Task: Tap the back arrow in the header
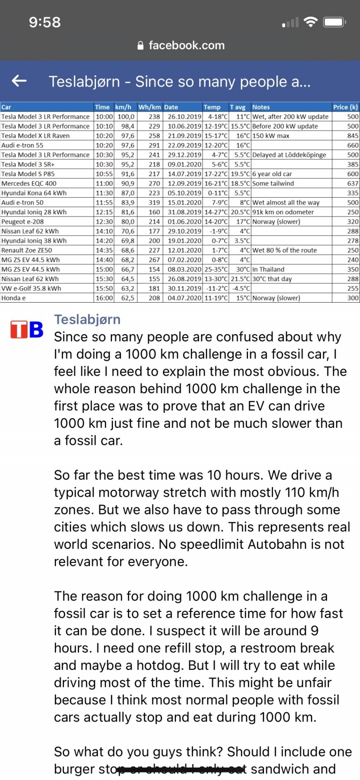pos(19,81)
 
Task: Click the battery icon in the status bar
pos(334,23)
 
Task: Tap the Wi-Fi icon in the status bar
pos(311,23)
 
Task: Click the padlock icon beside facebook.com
pos(141,46)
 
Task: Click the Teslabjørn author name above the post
pos(87,319)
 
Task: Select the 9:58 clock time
pos(45,23)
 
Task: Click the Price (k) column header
pos(345,107)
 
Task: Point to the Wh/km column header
pos(149,107)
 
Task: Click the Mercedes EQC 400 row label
pos(29,184)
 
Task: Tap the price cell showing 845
pos(353,136)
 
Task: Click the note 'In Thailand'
pos(268,269)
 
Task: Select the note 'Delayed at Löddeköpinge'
pos(289,155)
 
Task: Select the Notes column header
pos(261,107)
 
